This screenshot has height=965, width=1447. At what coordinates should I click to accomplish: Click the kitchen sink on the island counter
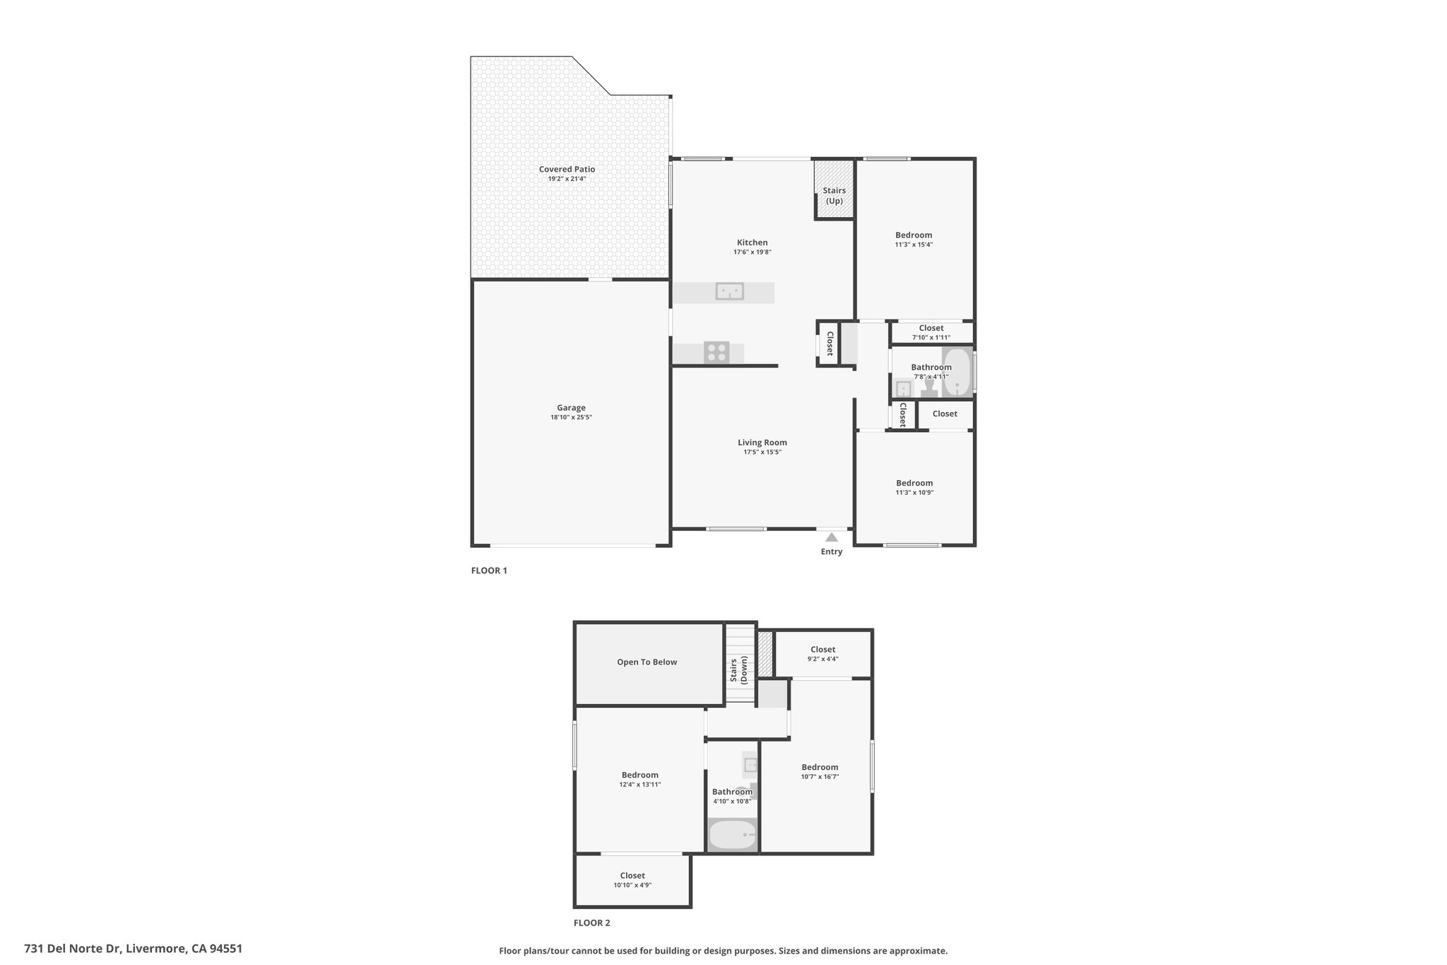[729, 291]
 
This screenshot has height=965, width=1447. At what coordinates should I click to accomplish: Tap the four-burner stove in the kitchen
[716, 352]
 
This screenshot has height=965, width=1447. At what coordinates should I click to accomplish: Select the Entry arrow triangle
[832, 537]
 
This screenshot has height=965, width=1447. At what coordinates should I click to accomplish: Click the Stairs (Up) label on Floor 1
[834, 196]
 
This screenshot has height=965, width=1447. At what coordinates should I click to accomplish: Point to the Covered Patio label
[567, 169]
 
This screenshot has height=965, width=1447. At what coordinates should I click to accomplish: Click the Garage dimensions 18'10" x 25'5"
[571, 418]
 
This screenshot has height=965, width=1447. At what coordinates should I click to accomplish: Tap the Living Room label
[762, 443]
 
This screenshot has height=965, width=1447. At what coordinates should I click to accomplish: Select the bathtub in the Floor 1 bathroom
[957, 372]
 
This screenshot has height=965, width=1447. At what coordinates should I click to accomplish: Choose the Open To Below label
[647, 662]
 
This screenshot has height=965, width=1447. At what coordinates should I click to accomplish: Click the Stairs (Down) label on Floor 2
[738, 670]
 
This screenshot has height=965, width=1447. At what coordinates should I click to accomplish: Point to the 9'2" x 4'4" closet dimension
[823, 659]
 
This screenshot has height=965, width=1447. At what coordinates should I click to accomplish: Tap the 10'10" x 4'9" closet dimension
[632, 885]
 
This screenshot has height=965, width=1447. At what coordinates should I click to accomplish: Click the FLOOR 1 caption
[489, 571]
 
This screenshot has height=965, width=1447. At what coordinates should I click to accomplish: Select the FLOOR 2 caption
[591, 923]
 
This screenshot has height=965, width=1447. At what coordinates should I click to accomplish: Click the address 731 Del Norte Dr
[73, 949]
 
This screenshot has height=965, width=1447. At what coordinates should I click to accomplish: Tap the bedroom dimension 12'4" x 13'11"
[640, 785]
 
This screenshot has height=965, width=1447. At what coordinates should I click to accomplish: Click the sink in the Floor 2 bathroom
[751, 764]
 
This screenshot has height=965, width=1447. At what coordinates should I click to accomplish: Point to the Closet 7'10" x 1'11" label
[931, 332]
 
